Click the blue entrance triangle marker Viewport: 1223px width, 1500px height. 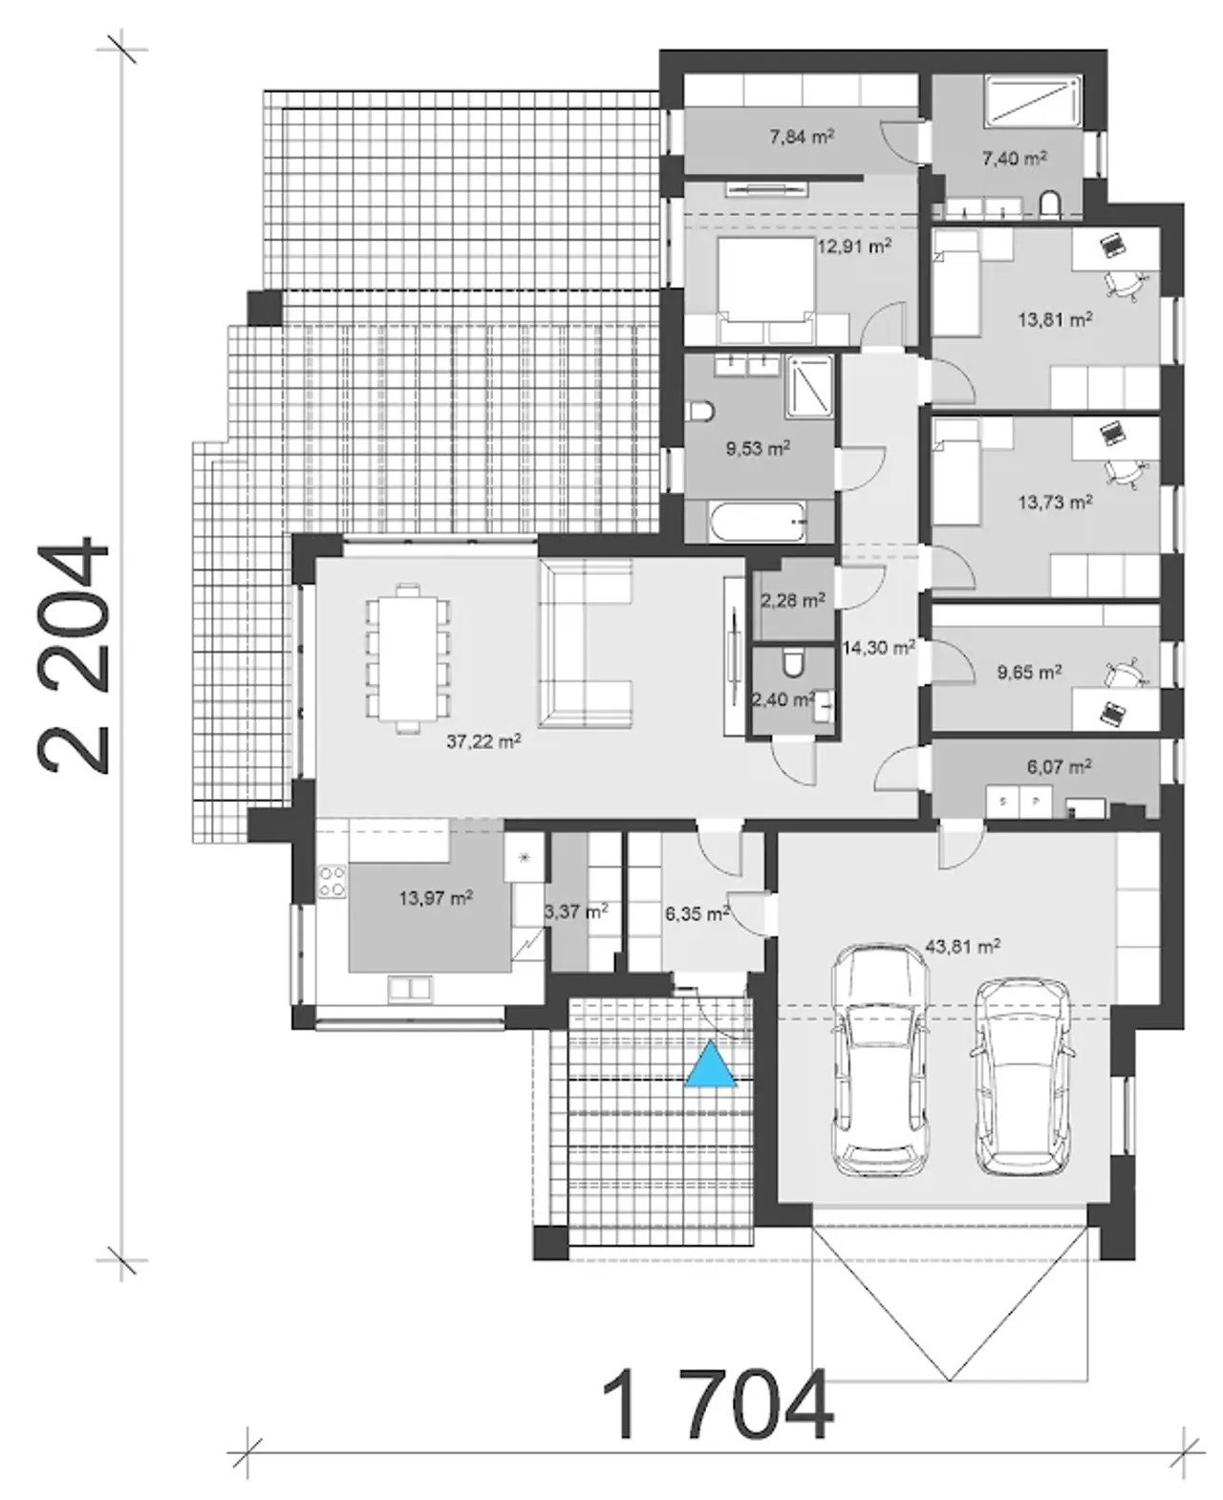coord(709,1065)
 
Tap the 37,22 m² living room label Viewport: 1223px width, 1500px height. coord(483,741)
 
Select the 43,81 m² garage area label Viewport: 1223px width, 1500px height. coord(963,947)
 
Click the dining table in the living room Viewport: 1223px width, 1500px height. coord(408,657)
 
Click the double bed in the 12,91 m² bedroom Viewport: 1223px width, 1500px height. coord(765,289)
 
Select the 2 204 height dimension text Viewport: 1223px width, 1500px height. coord(74,655)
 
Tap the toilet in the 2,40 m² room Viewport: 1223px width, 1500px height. coord(793,664)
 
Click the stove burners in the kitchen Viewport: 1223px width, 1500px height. coord(333,881)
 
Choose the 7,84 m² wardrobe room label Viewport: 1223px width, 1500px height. coord(802,137)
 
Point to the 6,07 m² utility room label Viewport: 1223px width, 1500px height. coord(1060,766)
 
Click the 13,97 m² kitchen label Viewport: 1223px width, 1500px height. coord(436,897)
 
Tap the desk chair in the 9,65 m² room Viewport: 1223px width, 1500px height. coord(1125,673)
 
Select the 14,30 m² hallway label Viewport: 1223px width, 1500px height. coord(879,647)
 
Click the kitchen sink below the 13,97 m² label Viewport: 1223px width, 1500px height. coord(409,989)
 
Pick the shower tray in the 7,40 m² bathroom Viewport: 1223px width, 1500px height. coord(1032,103)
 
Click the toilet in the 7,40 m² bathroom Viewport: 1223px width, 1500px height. coord(1049,204)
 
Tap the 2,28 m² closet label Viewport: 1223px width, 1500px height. coord(793,601)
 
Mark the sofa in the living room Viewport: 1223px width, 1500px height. coord(585,644)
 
